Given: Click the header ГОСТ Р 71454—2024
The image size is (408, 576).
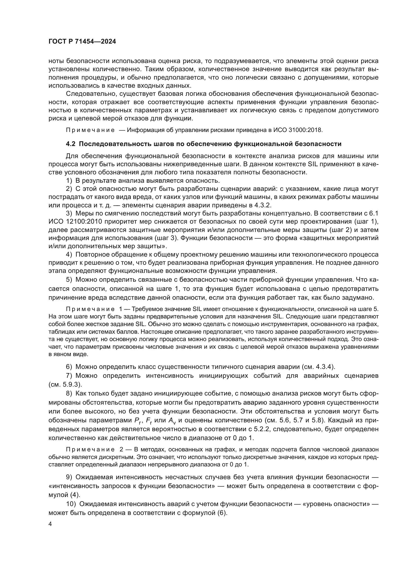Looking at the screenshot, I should [82, 42].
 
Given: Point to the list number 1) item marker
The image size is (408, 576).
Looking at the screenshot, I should [69, 181].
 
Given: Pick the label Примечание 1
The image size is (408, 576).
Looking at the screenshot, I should [94, 309].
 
